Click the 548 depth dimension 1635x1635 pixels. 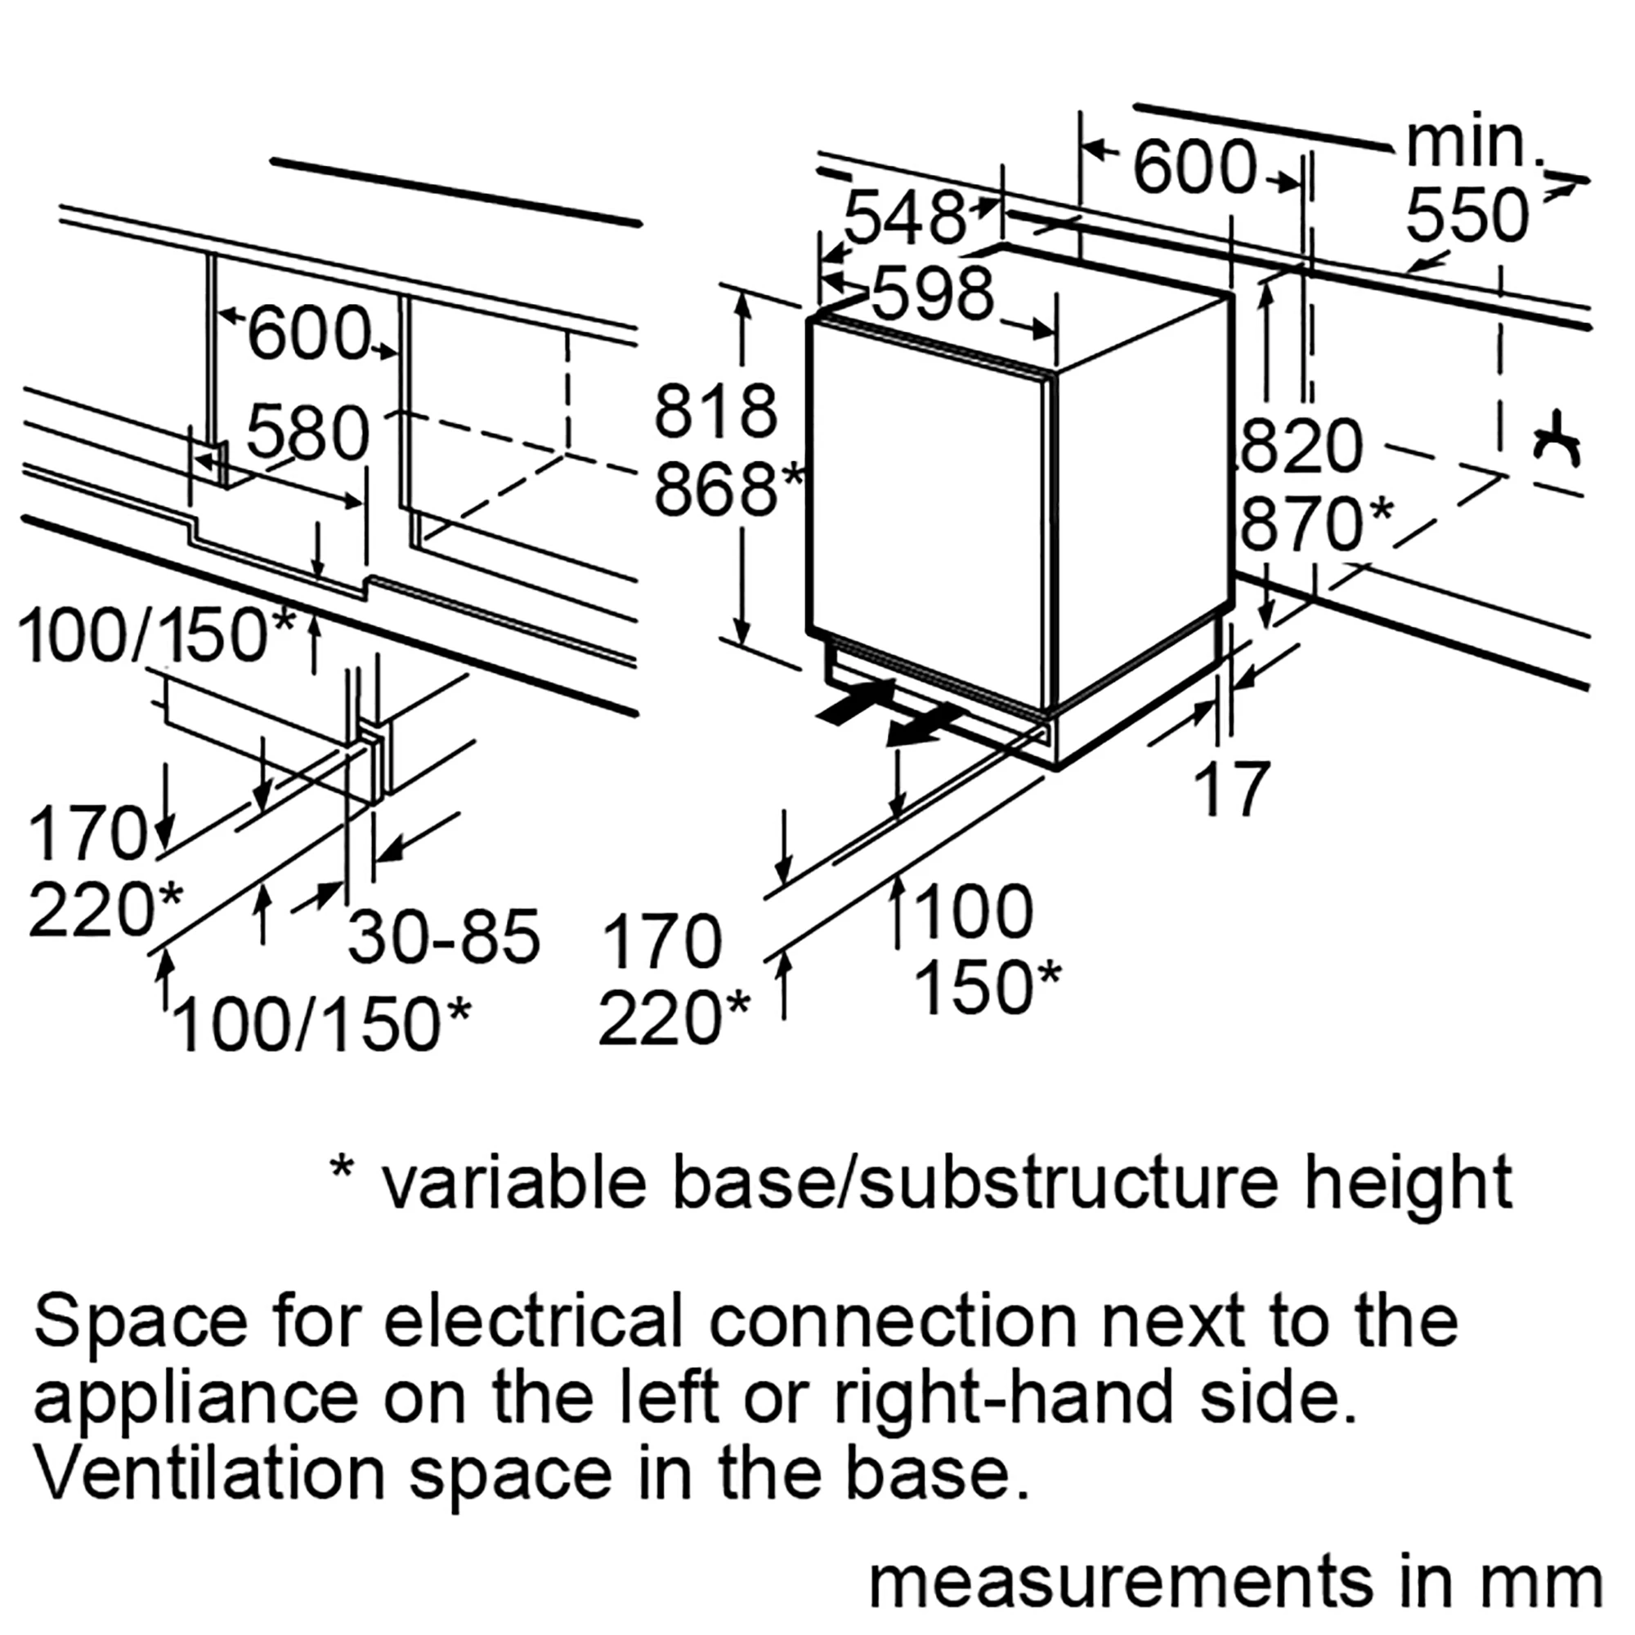905,218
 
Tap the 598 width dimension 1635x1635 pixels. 932,294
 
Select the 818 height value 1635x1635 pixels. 716,412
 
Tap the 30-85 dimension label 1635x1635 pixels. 443,938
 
